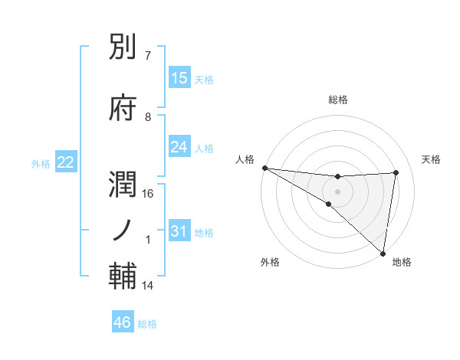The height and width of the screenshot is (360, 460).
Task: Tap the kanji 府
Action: [123, 108]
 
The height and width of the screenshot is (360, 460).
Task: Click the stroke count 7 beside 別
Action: [148, 57]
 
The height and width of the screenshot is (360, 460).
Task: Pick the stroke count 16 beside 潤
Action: [149, 194]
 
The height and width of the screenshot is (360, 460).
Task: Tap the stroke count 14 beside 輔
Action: [149, 286]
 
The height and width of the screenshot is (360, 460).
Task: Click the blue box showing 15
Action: [179, 78]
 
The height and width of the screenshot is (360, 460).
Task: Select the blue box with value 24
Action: [179, 147]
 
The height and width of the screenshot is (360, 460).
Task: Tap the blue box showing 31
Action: [179, 231]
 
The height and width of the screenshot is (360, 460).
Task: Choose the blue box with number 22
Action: [65, 162]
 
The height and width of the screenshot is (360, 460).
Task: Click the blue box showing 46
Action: [123, 322]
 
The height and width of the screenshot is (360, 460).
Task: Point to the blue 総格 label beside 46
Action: [147, 324]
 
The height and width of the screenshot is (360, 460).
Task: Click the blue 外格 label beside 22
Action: [41, 163]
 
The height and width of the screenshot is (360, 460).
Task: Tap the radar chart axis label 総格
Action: [338, 100]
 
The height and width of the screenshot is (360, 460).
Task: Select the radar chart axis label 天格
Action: [432, 159]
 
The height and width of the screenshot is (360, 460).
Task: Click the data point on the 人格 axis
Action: [264, 168]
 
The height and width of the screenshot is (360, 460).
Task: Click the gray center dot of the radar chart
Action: [337, 190]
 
